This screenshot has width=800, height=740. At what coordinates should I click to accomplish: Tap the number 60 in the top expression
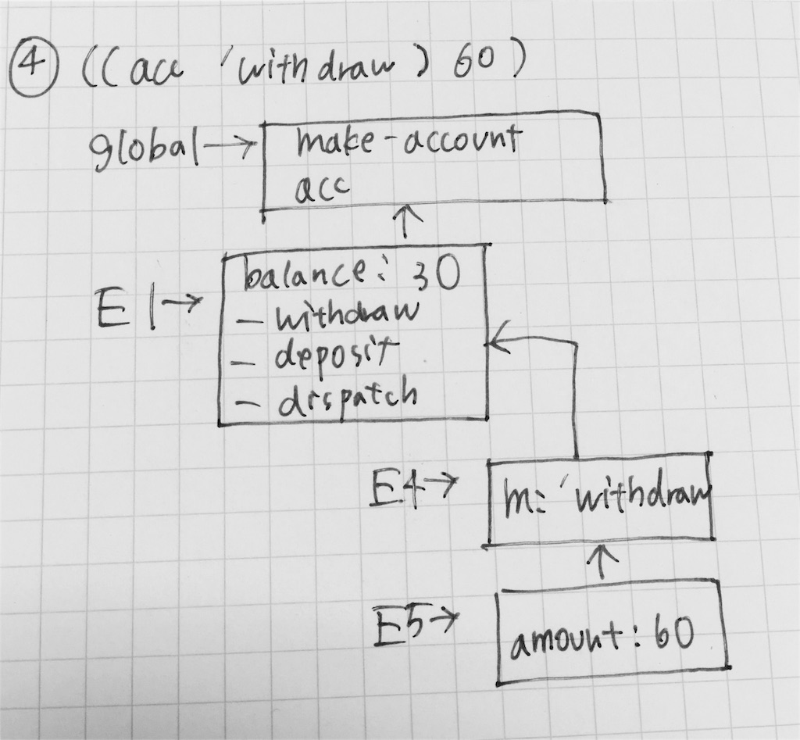[x=469, y=64]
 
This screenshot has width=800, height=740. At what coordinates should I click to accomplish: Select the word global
[x=144, y=148]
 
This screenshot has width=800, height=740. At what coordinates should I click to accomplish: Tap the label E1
[x=126, y=310]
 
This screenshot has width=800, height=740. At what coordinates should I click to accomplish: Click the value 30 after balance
[x=435, y=276]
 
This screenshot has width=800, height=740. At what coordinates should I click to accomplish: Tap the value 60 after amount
[x=674, y=633]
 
